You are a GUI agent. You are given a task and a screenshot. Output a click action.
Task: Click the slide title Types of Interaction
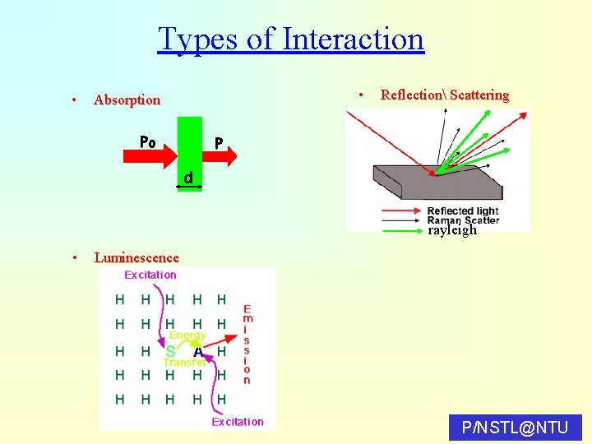pos(290,39)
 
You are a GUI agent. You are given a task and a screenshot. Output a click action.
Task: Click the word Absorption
pos(127,100)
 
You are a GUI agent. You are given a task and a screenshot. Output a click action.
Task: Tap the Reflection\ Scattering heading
pos(444,95)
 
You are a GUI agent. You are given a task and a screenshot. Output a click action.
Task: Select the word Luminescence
pos(136,258)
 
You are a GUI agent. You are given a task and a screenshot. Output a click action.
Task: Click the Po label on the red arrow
pos(148,141)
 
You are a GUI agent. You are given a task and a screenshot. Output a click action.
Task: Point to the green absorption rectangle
pos(190,148)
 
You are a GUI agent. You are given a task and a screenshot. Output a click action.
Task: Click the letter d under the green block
pos(188,178)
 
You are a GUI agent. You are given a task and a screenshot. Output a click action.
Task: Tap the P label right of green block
pos(219,143)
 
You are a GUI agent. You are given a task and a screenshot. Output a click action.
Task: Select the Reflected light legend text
pos(462,211)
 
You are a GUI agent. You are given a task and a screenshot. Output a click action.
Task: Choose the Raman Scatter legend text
pos(463,220)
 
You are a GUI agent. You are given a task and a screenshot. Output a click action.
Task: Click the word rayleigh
pos(452,230)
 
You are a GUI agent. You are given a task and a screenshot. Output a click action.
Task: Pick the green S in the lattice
pos(170,351)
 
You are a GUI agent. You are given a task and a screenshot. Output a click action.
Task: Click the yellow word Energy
pos(187,335)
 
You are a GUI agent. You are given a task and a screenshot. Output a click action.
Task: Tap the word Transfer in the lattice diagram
pos(184,362)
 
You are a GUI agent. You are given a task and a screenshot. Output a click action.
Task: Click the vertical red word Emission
pos(247,345)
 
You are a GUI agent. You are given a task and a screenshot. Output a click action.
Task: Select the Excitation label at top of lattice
pos(150,275)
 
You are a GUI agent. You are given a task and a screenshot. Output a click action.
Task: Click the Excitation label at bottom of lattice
pos(238,422)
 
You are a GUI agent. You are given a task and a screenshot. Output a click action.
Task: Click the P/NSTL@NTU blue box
pos(516,428)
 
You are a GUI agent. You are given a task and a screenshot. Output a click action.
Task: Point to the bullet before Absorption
pos(74,100)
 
